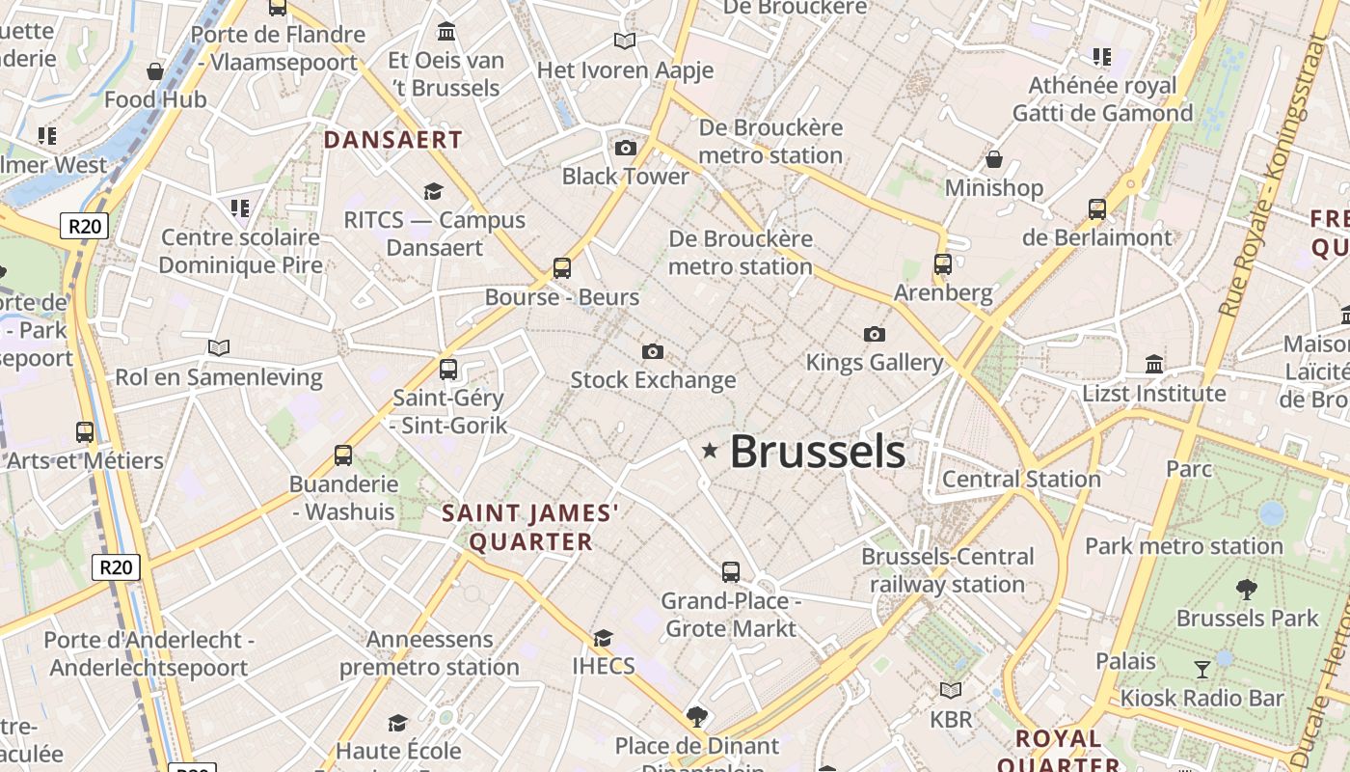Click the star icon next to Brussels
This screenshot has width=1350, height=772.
[711, 451]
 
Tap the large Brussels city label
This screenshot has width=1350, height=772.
[817, 452]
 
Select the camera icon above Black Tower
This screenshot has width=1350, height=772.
[626, 148]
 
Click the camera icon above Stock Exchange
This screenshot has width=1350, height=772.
[653, 351]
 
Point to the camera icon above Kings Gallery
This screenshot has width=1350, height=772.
[875, 334]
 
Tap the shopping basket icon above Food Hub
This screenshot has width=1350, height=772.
[154, 70]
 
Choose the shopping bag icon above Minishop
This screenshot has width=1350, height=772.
[994, 158]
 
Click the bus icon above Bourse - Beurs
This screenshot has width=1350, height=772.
[562, 268]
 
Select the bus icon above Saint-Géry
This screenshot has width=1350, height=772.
[448, 369]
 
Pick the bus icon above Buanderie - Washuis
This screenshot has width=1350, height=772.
[343, 455]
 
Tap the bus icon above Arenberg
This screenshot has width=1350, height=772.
[943, 263]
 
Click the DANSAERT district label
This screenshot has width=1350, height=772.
[392, 140]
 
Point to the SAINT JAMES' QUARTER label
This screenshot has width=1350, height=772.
[530, 527]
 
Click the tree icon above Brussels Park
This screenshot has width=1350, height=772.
[1247, 589]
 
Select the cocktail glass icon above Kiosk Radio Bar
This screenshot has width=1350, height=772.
[1202, 669]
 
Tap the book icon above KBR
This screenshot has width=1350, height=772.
[951, 690]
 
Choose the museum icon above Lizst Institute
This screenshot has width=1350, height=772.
[1154, 364]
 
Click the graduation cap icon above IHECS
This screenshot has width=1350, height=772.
[604, 638]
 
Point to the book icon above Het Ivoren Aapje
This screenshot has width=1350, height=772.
[625, 41]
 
